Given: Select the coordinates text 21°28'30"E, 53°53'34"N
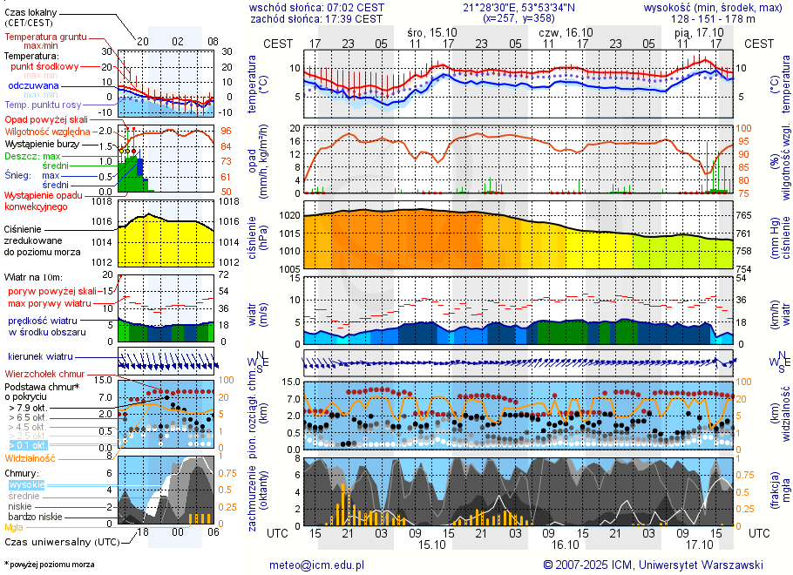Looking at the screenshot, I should point(520,7).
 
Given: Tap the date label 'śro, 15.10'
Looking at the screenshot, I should point(431,31).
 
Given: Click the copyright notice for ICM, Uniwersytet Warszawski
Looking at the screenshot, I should point(653,565).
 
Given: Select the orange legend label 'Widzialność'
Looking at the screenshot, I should point(30,457).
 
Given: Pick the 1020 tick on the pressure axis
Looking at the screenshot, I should point(288,215).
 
